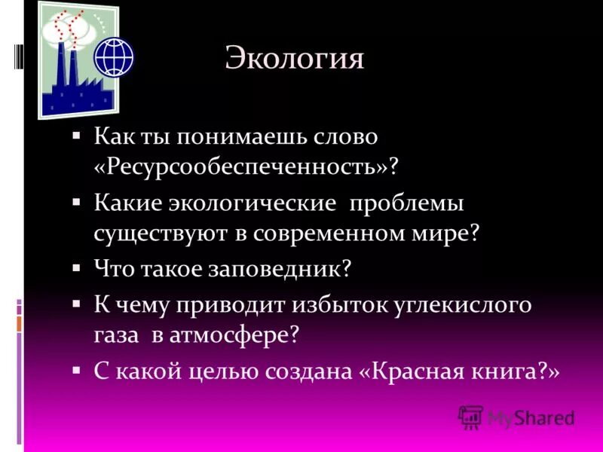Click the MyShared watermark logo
click(x=516, y=417)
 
